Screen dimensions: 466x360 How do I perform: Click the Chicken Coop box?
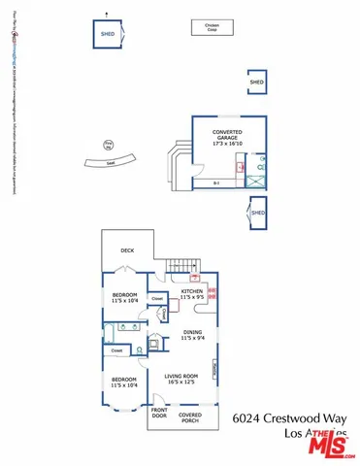point(211,26)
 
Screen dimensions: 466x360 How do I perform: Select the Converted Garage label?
point(227,136)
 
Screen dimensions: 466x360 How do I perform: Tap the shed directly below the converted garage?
point(257,213)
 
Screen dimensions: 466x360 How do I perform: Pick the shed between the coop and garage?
point(256,83)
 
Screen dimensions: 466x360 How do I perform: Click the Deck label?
point(127,250)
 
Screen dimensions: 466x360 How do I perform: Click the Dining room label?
point(193,335)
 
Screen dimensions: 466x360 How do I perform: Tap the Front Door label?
point(158,415)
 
